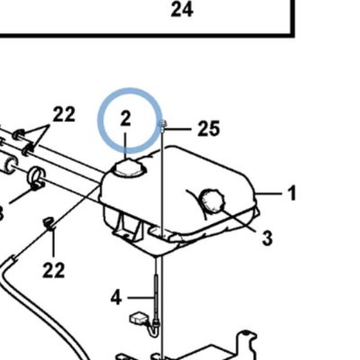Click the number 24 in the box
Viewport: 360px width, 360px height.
pyautogui.click(x=182, y=10)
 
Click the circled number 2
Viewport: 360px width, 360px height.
pyautogui.click(x=126, y=119)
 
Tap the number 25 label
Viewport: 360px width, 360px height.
pyautogui.click(x=209, y=129)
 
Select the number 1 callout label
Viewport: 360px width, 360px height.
pyautogui.click(x=292, y=193)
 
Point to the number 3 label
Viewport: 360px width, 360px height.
pyautogui.click(x=267, y=238)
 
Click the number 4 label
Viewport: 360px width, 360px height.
pyautogui.click(x=116, y=298)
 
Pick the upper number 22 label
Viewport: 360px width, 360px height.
pyautogui.click(x=64, y=114)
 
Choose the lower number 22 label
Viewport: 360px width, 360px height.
pyautogui.click(x=54, y=270)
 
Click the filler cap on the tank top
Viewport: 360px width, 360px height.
pyautogui.click(x=128, y=168)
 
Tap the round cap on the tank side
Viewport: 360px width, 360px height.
pyautogui.click(x=211, y=200)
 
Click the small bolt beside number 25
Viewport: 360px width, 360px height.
pyautogui.click(x=162, y=127)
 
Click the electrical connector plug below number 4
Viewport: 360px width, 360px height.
pyautogui.click(x=139, y=319)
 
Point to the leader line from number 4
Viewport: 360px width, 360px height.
pyautogui.click(x=140, y=298)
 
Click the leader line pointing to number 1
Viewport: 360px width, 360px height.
pyautogui.click(x=268, y=193)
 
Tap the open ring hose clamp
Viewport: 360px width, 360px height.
pyautogui.click(x=37, y=177)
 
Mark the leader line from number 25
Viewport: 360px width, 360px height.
pyautogui.click(x=178, y=130)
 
